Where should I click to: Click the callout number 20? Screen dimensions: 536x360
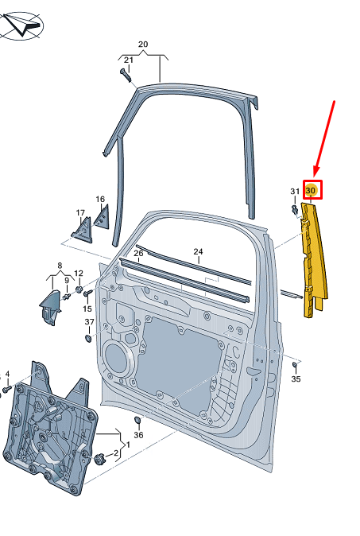(143, 45)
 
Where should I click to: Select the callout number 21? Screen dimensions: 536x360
(128, 60)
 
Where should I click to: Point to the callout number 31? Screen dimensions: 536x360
(294, 192)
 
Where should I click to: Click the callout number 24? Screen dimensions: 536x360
(198, 252)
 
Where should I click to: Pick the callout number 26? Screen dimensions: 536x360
(138, 254)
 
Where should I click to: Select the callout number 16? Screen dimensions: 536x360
(100, 200)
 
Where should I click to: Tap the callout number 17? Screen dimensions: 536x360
(80, 213)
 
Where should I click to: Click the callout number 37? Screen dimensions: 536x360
(89, 322)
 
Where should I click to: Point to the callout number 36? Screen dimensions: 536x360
(138, 435)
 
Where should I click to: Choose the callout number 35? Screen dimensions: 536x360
(296, 379)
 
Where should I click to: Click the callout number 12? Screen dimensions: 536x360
(79, 274)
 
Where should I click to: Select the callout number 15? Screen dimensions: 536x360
(87, 309)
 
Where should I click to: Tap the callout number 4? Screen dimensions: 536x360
(7, 373)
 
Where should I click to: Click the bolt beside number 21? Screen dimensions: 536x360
(125, 75)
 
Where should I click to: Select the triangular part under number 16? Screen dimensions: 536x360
(101, 216)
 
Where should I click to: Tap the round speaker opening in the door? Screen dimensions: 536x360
(117, 360)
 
